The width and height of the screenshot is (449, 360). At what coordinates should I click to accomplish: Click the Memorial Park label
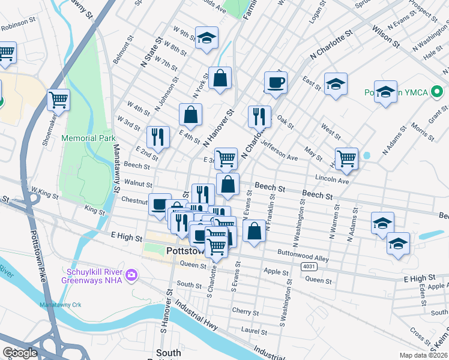point(88,138)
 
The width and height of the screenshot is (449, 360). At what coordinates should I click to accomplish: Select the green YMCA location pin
point(437,93)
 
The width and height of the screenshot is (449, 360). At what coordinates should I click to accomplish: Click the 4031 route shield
point(309,265)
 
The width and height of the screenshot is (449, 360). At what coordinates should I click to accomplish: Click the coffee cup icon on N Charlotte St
point(276,82)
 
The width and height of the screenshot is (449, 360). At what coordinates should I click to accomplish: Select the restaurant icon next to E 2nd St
point(157,137)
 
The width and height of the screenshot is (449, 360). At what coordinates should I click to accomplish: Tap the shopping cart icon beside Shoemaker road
point(58,99)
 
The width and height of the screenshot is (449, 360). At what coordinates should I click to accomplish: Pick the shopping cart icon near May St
point(346,158)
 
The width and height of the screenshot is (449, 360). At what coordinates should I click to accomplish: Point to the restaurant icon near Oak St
point(259,115)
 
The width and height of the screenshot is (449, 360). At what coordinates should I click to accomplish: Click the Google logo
point(20,353)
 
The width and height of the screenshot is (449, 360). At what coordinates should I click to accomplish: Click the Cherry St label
point(245,311)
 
